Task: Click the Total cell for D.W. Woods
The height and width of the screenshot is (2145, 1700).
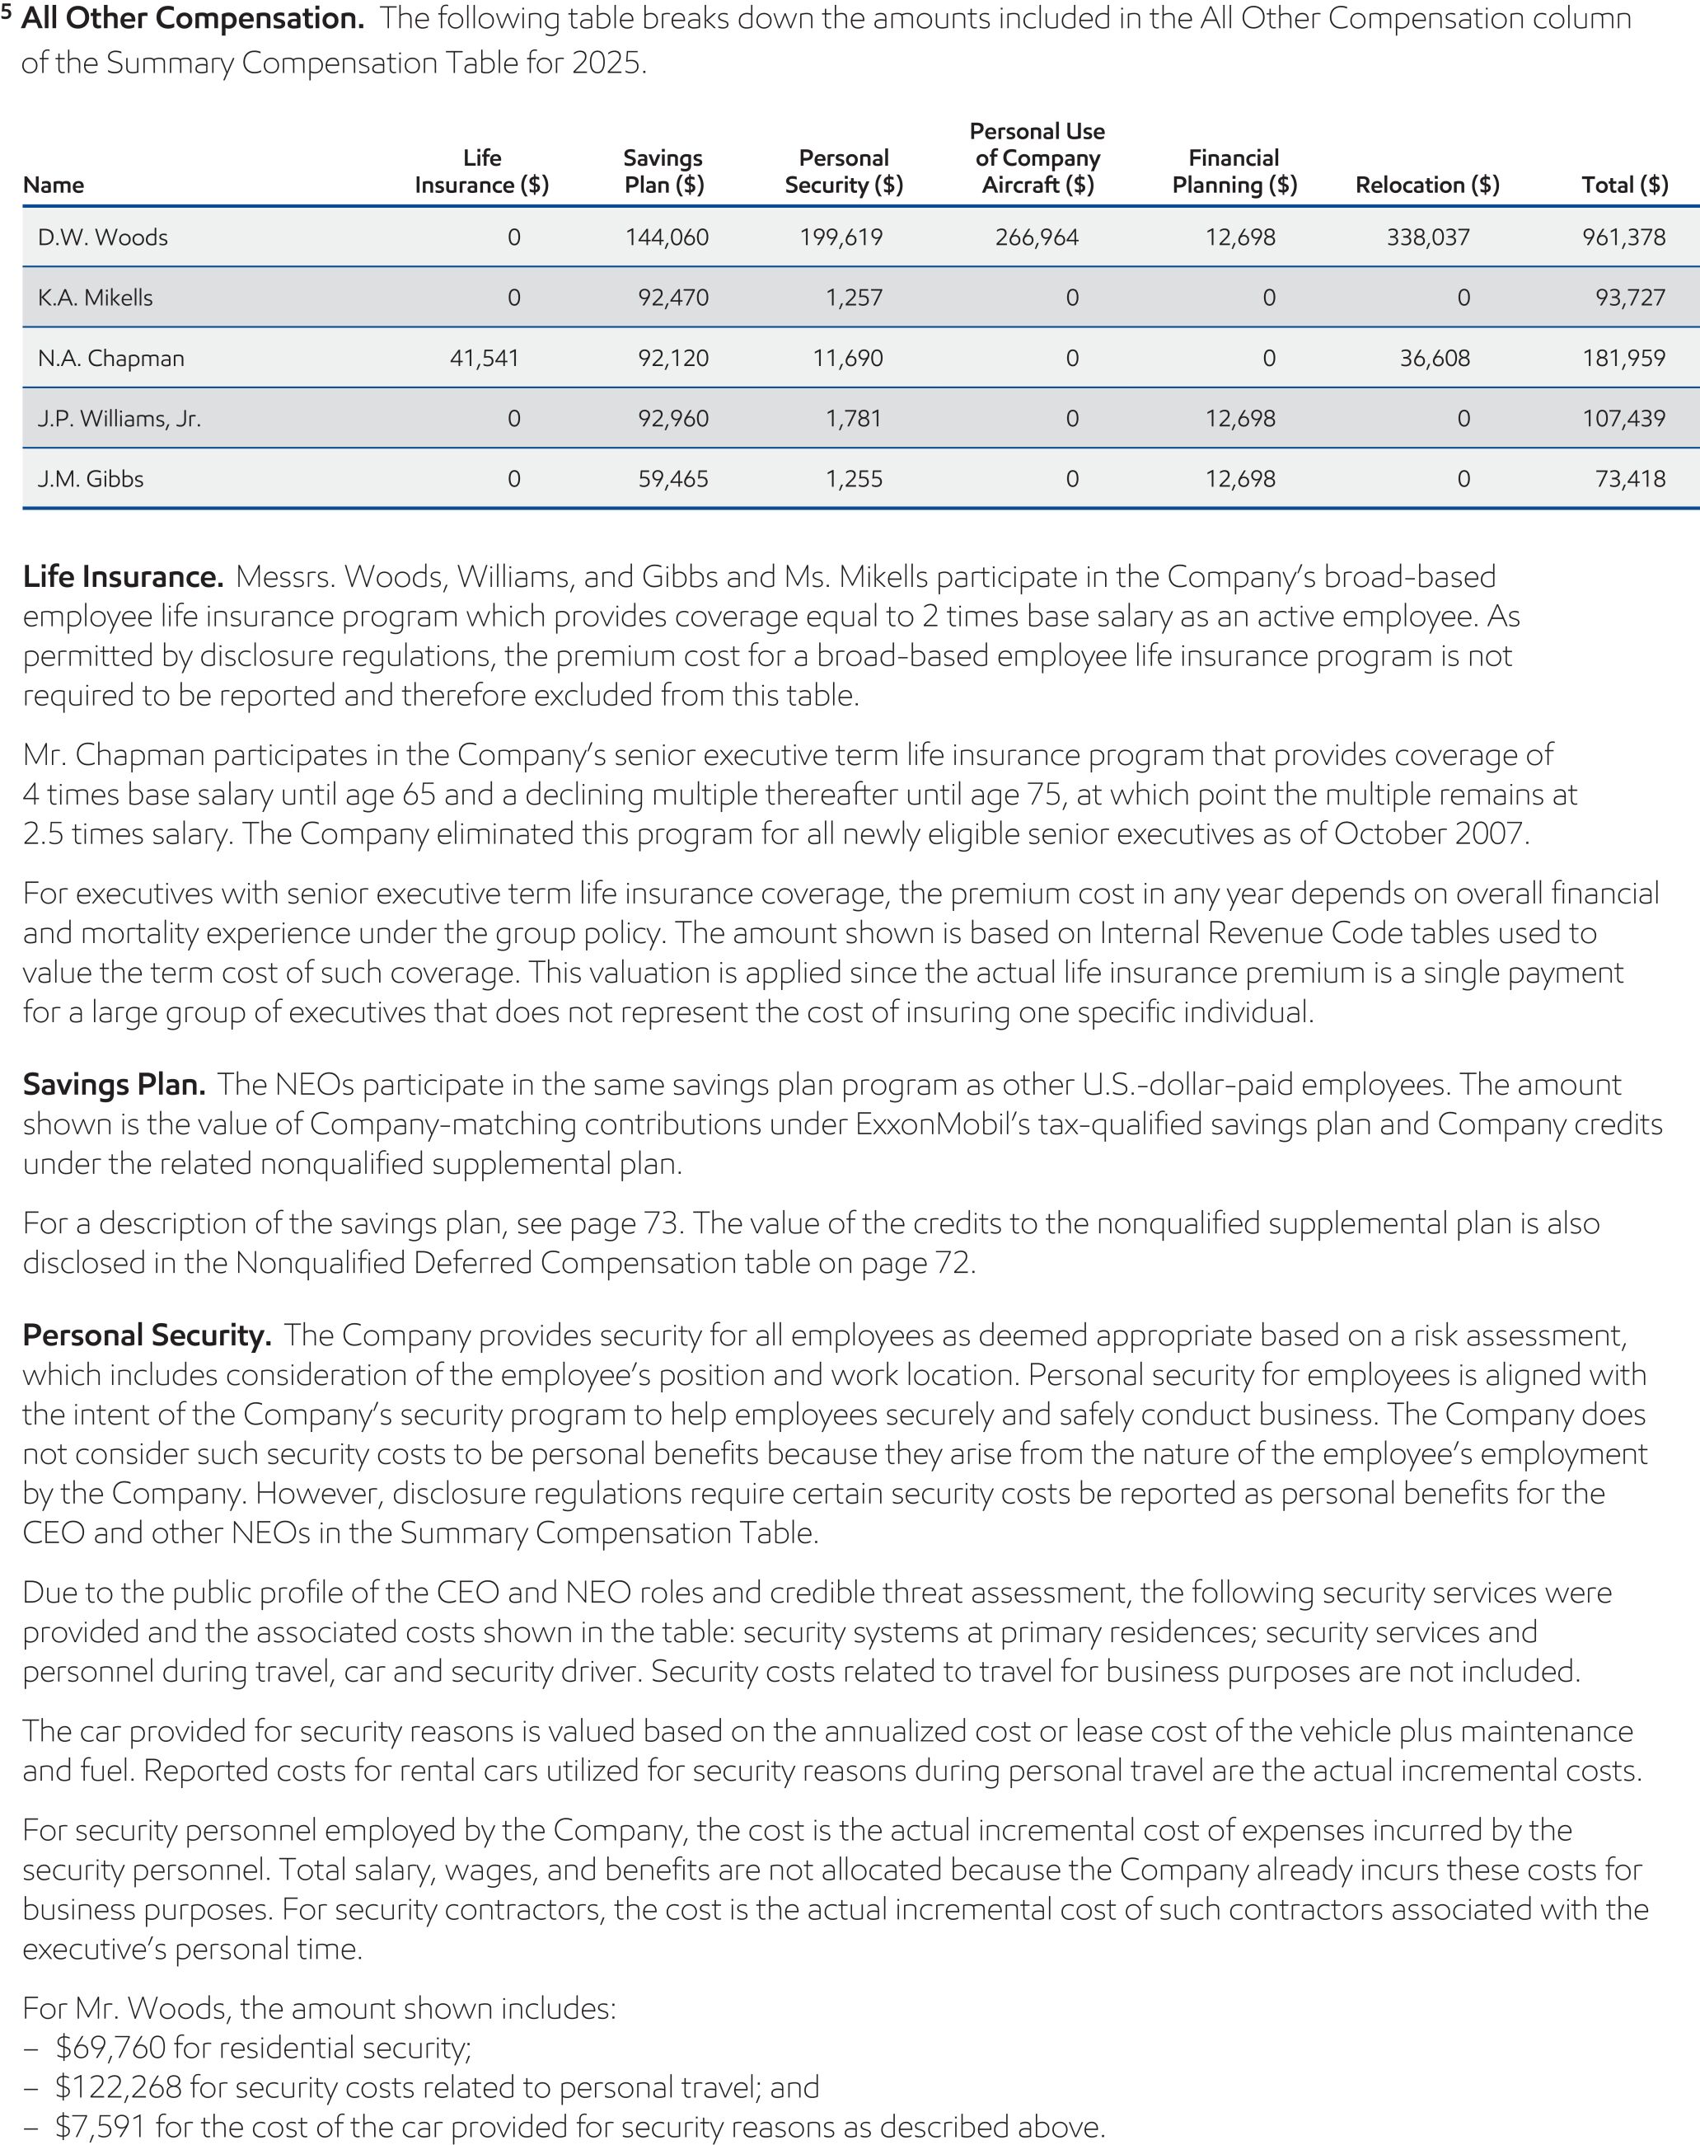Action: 1623,237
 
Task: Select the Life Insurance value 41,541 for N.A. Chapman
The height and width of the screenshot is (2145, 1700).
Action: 484,358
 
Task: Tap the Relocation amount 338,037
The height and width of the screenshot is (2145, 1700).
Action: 1427,237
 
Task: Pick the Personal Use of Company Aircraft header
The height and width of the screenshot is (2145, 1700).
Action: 1037,158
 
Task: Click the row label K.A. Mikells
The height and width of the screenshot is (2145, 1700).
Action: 96,298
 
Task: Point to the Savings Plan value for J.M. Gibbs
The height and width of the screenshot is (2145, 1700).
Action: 673,479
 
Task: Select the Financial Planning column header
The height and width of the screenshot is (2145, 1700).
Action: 1234,171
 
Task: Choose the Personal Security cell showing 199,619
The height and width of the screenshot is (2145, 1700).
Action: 841,237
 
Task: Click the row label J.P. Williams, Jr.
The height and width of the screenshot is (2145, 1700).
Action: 119,419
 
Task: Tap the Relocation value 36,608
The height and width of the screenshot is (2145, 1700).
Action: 1435,358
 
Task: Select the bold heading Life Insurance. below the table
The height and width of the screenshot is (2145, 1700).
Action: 122,577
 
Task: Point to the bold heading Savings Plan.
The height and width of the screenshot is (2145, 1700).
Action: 114,1084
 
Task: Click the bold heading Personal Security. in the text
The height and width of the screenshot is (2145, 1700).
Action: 146,1335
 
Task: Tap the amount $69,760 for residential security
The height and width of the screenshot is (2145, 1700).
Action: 110,2048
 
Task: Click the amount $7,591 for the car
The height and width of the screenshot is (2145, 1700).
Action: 101,2127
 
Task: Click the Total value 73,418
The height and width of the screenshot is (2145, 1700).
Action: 1629,479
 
